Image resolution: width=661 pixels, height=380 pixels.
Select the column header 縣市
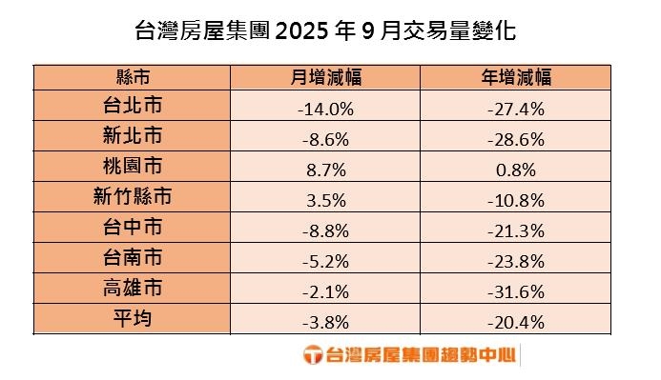coord(132,78)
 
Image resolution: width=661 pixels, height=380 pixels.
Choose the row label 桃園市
coord(132,169)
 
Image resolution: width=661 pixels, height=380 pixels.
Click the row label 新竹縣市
coord(132,199)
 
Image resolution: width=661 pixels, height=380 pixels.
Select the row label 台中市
coord(132,230)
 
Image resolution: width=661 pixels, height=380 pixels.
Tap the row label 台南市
coord(132,260)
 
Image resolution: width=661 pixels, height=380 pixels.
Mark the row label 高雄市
coord(132,290)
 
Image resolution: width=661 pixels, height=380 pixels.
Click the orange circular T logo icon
coord(312,356)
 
